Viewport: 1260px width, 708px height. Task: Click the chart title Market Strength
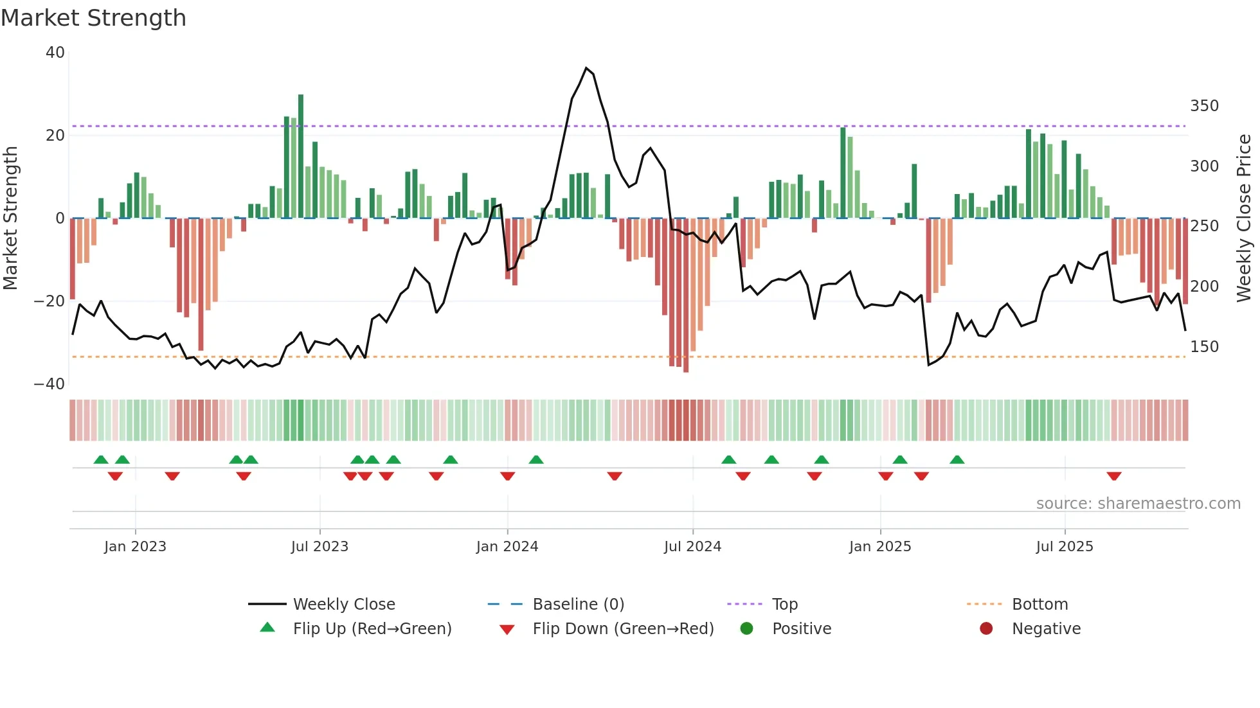[94, 18]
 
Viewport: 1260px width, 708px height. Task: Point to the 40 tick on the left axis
[55, 53]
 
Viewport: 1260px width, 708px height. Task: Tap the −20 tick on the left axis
[50, 301]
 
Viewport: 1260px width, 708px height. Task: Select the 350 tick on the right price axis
[1204, 106]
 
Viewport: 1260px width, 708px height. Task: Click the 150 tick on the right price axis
[1204, 347]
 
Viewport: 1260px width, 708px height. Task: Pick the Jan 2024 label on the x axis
[507, 547]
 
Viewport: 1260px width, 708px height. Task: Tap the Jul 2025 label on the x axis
[1065, 547]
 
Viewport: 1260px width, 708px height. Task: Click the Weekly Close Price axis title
[1244, 218]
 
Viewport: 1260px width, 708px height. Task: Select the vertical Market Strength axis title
[11, 218]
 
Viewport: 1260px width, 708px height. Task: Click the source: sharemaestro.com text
[1138, 504]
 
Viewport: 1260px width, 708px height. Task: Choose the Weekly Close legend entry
[344, 605]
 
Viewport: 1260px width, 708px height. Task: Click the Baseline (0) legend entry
[578, 605]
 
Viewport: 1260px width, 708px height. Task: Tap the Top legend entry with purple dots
[784, 605]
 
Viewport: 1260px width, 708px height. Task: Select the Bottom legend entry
[1039, 605]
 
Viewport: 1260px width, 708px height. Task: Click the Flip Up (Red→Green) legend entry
[372, 629]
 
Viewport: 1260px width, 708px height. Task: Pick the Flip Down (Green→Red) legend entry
[622, 629]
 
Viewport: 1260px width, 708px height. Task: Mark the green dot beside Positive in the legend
[746, 629]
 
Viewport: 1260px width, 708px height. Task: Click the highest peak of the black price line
[586, 68]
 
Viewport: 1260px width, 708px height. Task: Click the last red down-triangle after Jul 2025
[1114, 476]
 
